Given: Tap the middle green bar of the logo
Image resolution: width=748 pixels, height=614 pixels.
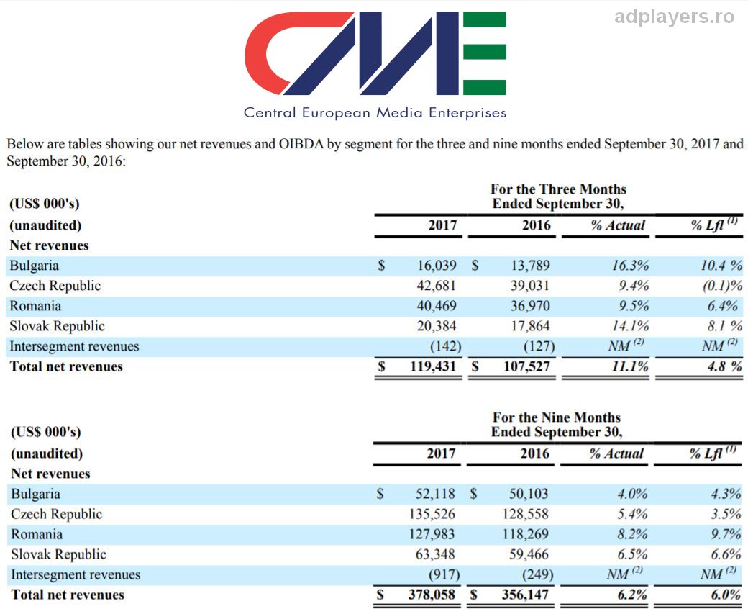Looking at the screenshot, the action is point(485,52).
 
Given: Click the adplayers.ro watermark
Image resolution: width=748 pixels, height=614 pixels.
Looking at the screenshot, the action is point(675,17).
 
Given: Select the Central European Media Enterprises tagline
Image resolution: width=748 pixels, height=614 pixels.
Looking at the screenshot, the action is point(375,113).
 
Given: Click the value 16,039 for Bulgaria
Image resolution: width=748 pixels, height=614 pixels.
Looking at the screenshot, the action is point(437,266).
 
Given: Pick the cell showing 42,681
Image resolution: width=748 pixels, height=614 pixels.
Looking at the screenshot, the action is point(437,286).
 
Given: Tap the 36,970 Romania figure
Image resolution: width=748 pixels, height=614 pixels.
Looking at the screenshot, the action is point(530,306).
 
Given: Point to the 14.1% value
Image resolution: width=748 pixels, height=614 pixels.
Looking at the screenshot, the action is point(630,326).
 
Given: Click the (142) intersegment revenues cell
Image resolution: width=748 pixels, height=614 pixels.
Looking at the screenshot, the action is point(445,346).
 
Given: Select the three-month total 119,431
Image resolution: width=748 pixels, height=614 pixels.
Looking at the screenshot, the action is point(433,366).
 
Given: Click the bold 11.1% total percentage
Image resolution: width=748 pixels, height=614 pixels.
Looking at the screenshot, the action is point(630,366).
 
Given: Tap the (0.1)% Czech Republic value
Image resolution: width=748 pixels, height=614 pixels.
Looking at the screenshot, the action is point(722,286).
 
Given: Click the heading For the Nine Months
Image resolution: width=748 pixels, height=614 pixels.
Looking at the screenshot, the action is point(557,417).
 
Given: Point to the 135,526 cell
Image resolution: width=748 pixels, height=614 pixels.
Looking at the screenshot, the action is point(432,514).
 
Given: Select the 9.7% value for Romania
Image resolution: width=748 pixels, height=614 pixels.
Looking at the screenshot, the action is point(726,534).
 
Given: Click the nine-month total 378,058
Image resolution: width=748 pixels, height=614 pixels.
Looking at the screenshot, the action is point(432,595).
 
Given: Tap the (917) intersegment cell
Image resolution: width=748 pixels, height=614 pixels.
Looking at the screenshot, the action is point(444,574).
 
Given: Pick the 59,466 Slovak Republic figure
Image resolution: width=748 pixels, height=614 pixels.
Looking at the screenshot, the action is point(529,554).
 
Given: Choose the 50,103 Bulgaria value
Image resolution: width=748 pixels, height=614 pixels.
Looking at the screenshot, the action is point(529,494).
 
